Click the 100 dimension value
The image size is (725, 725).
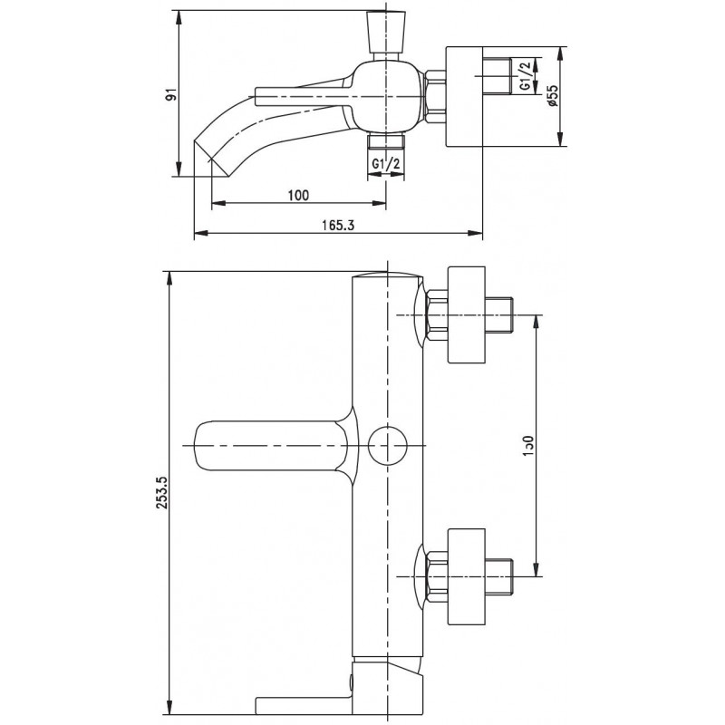click(298, 195)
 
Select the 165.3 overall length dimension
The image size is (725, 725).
click(337, 225)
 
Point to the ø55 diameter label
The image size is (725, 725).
click(553, 96)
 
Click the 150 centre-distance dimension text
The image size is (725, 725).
click(529, 446)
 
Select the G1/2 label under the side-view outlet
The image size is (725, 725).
click(386, 163)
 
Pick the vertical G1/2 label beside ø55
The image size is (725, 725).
click(526, 76)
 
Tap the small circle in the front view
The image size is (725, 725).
click(388, 445)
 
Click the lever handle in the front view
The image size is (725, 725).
click(276, 446)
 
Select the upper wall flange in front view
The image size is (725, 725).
click(467, 314)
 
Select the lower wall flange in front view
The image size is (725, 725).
click(467, 577)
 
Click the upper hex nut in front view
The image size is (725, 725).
click(438, 314)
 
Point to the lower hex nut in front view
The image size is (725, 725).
click(438, 577)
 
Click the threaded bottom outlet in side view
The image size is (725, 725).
click(386, 141)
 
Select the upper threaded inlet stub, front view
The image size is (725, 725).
click(499, 314)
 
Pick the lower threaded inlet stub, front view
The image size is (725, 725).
click(499, 577)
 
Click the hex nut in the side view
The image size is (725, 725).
click(435, 97)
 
